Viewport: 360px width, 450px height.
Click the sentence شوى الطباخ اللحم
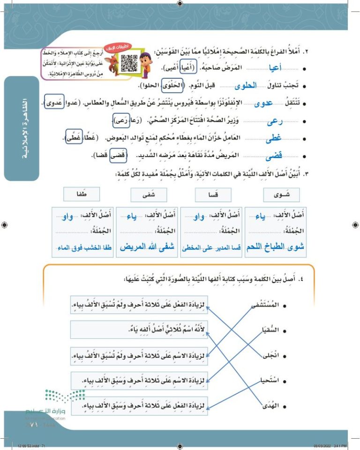[275, 247]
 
